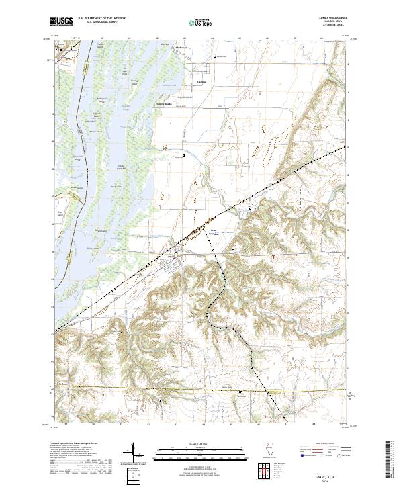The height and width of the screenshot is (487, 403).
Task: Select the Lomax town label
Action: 170,255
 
